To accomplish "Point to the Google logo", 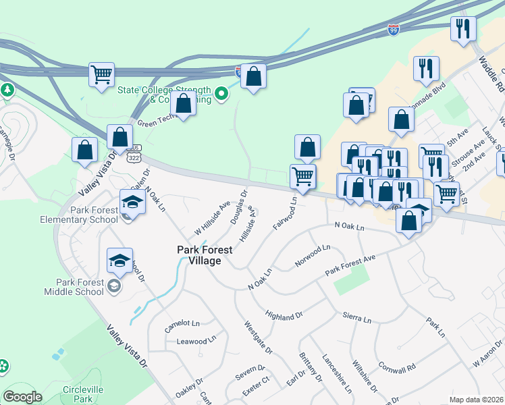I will point(22,397).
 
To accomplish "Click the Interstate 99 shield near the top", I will point(394,28).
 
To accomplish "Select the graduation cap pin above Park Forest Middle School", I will point(119,261).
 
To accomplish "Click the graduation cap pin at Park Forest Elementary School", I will point(132,202).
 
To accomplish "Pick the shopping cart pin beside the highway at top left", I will point(101,74).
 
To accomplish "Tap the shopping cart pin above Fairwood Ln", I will point(303,177).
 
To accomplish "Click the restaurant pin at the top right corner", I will point(463,28).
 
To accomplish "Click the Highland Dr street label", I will point(284,316).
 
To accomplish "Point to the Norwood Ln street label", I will point(313,256).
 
